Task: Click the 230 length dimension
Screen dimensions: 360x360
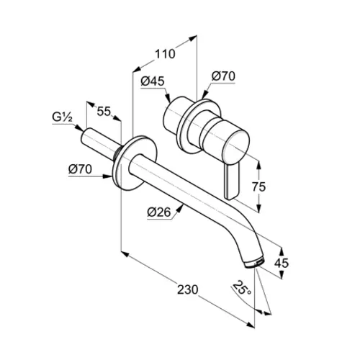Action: pos(188,289)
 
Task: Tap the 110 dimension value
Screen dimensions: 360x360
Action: pos(165,54)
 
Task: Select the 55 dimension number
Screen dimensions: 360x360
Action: pos(104,112)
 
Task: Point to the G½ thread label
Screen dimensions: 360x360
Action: pos(63,117)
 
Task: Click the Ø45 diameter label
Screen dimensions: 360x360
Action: pos(153,81)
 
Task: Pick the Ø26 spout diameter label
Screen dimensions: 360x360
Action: pos(159,212)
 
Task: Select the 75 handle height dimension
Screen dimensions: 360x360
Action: pos(258,186)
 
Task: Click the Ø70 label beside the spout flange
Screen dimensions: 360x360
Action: pos(80,169)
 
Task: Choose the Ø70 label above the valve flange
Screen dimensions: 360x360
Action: pos(223,76)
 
